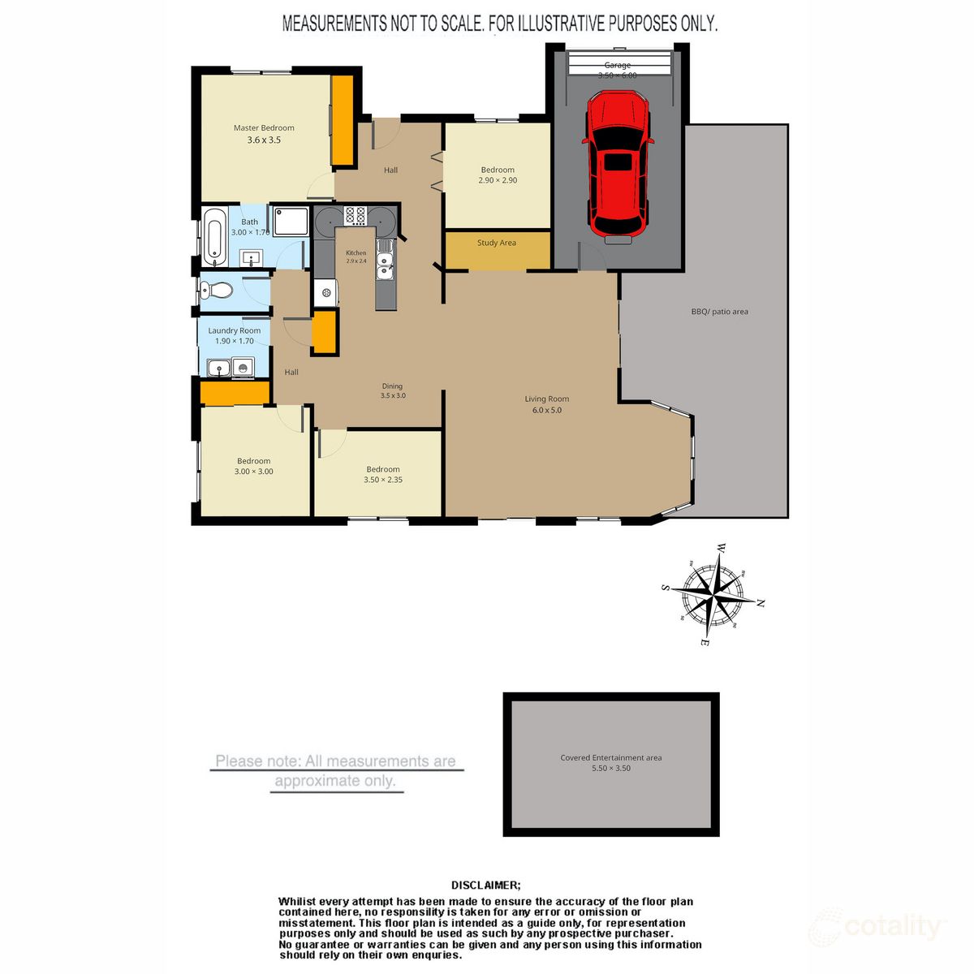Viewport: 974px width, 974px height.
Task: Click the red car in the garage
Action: coord(618,166)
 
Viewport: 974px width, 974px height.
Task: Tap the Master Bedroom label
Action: coord(264,128)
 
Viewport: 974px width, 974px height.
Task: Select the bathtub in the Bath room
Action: coord(215,237)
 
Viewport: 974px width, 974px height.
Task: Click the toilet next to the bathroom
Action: coord(215,289)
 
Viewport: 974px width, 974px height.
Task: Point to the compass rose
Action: coord(713,595)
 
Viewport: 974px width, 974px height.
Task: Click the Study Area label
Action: coord(497,243)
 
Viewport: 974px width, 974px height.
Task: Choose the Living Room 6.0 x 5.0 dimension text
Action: coord(546,411)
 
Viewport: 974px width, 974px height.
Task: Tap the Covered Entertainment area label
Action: coord(610,758)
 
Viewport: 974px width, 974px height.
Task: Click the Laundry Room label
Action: coord(235,330)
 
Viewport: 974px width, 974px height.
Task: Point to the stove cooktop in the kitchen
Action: coord(356,216)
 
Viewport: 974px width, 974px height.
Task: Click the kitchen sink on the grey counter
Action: coord(385,261)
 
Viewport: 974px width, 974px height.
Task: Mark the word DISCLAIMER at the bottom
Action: coord(486,886)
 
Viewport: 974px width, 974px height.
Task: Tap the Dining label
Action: coord(392,386)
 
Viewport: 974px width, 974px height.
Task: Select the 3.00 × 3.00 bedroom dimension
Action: coord(254,472)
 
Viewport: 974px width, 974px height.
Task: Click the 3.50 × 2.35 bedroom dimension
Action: coord(383,480)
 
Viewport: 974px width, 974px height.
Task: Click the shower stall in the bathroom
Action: coord(290,221)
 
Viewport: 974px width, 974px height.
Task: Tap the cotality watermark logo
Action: coord(877,926)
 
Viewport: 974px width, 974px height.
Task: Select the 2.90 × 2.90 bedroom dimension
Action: coord(498,180)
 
